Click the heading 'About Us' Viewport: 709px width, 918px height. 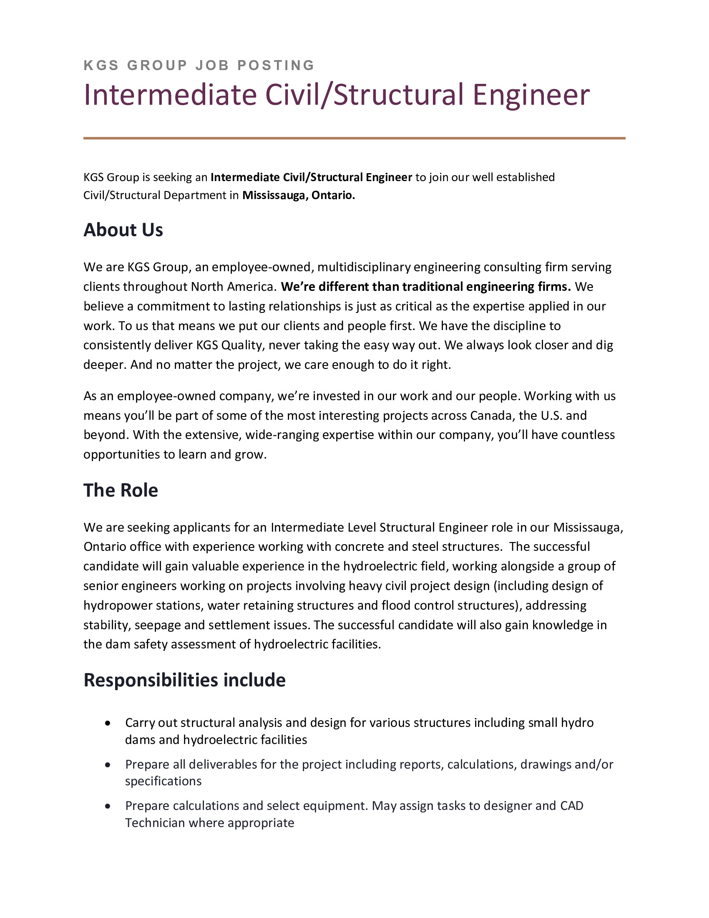point(123,230)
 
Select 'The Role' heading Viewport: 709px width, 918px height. point(121,490)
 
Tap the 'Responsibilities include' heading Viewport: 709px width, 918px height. point(184,680)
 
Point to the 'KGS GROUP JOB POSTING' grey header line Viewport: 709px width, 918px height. point(199,65)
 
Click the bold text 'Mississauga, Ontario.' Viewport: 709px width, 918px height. point(299,195)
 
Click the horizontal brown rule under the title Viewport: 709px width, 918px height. point(354,138)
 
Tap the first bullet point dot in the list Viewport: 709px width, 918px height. point(108,723)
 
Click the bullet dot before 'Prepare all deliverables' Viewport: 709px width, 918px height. point(108,764)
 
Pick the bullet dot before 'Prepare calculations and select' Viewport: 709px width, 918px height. point(108,806)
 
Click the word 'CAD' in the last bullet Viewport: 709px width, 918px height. point(572,806)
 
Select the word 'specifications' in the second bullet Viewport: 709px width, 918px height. point(163,781)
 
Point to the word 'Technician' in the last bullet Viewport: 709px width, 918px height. point(155,822)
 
